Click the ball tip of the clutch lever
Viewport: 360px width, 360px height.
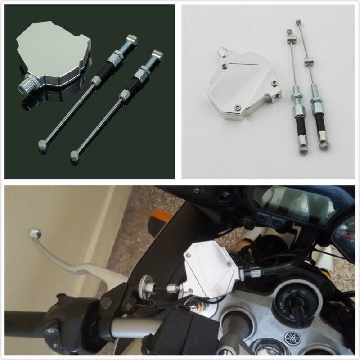[34, 233]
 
